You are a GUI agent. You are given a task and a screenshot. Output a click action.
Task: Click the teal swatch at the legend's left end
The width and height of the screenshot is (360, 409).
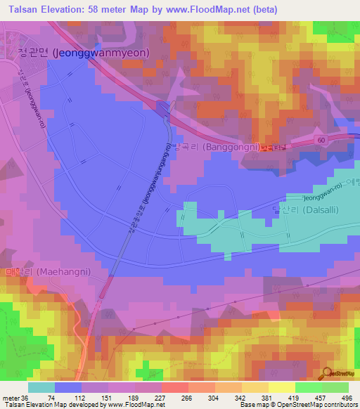(41, 387)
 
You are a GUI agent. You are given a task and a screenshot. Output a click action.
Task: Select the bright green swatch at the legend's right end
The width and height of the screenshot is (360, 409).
(335, 387)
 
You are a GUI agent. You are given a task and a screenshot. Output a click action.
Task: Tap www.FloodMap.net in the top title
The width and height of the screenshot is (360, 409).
(217, 9)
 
